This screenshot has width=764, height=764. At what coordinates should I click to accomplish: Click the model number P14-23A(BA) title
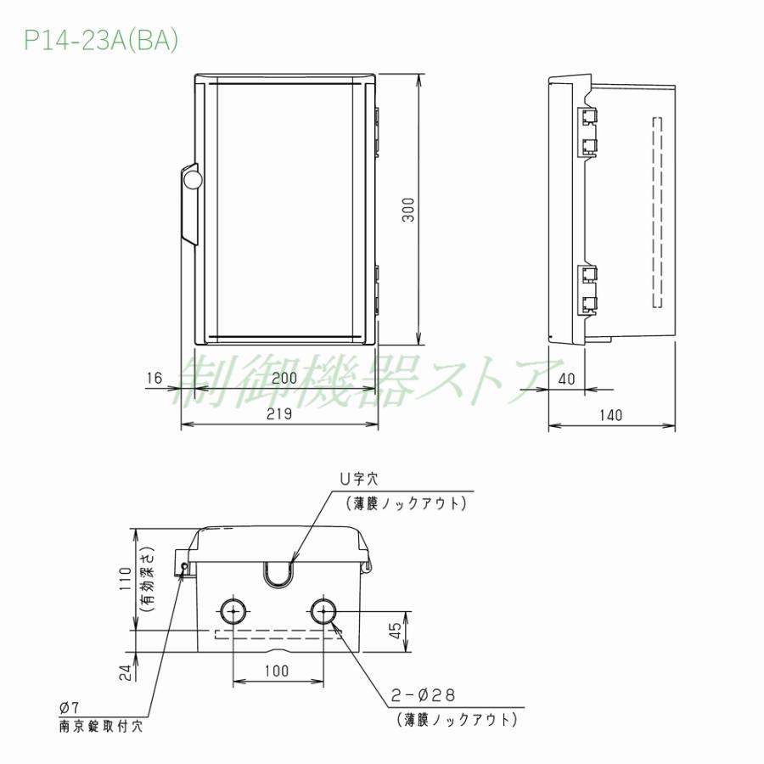101,42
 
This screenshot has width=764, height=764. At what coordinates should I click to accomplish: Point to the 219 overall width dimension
279,414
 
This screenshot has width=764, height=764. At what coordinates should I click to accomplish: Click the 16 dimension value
153,379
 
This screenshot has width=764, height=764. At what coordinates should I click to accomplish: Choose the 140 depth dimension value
610,414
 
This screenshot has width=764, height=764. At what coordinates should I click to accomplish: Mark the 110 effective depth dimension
125,578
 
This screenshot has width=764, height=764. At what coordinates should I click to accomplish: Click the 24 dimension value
125,673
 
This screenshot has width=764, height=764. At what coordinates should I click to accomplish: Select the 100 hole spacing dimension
276,671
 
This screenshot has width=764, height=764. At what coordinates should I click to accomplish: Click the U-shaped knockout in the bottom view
278,574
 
